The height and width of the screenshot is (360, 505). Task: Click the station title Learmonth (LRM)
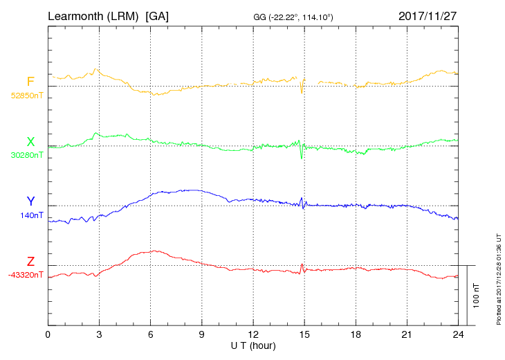(x=93, y=16)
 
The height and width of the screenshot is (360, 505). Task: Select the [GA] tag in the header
(x=157, y=16)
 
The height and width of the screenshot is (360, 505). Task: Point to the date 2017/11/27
(x=428, y=16)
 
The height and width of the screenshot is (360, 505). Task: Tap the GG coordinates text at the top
(x=293, y=17)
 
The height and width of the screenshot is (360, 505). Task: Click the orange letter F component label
(x=30, y=82)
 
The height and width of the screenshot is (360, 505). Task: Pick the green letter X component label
(x=30, y=142)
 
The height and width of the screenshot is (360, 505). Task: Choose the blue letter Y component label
(x=30, y=201)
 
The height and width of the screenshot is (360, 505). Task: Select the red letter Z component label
(x=30, y=261)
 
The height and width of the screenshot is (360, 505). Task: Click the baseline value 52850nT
(x=27, y=96)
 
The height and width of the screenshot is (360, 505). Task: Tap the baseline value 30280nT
(x=27, y=155)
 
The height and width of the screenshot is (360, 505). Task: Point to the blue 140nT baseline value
(x=32, y=215)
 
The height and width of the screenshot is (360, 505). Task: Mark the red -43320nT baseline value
(x=26, y=275)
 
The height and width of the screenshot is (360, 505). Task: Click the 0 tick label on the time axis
(x=48, y=334)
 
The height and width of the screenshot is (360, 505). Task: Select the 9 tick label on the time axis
(x=201, y=334)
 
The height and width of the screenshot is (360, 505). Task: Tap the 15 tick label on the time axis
(x=304, y=334)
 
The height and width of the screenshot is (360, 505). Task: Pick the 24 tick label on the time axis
(x=458, y=334)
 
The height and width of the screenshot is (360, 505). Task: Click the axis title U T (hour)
(x=253, y=346)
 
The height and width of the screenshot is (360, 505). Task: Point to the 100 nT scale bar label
(x=477, y=296)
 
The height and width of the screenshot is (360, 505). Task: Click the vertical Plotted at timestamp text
(x=499, y=279)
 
